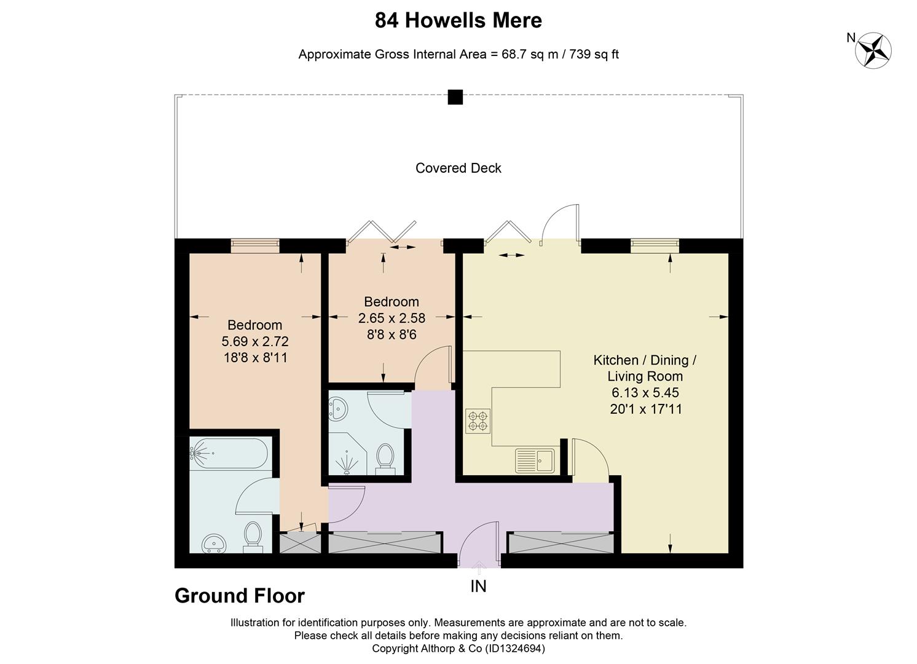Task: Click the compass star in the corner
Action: (x=873, y=50)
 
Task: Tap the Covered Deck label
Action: (x=458, y=168)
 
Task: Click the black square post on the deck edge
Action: (x=455, y=97)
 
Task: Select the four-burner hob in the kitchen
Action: (x=478, y=421)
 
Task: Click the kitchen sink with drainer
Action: (x=535, y=460)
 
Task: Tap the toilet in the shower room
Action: (x=385, y=459)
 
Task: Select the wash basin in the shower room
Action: (x=338, y=409)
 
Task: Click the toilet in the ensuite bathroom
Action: (x=253, y=537)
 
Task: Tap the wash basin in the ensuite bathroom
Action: (x=213, y=543)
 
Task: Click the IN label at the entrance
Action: (x=478, y=587)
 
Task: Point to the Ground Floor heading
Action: (x=240, y=596)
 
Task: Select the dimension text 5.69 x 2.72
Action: (x=255, y=341)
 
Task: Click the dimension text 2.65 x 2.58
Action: (x=392, y=318)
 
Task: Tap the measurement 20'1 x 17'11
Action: (x=646, y=409)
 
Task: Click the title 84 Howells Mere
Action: (x=458, y=20)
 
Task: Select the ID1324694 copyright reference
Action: (x=515, y=649)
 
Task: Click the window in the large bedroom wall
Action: (x=255, y=246)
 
